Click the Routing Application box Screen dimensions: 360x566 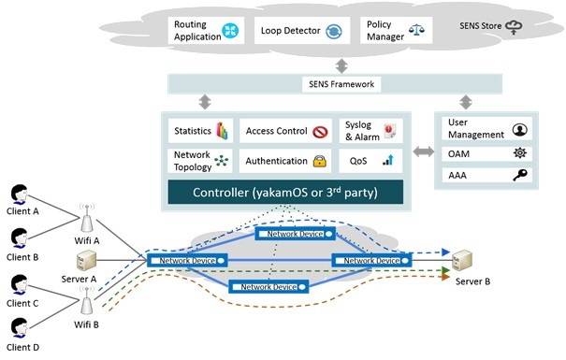point(205,30)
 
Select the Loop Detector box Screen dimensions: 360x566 point(302,30)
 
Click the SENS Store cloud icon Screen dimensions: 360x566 point(541,29)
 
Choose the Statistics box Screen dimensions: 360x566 point(198,130)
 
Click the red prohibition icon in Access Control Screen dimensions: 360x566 point(318,131)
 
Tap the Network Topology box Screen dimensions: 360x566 point(198,161)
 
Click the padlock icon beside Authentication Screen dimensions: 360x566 point(319,162)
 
